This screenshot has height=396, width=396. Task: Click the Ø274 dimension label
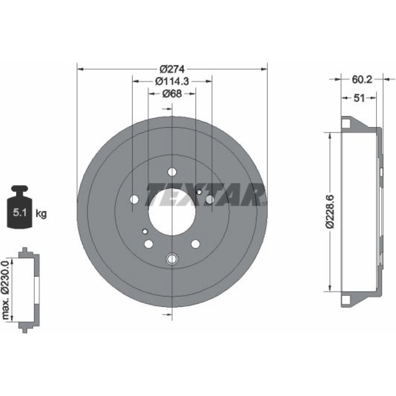(x=173, y=69)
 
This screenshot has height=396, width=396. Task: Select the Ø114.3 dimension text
(x=172, y=81)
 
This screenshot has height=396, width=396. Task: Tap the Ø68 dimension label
(x=172, y=94)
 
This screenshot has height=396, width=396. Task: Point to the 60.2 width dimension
(x=362, y=80)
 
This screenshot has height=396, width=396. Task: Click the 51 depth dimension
(x=359, y=98)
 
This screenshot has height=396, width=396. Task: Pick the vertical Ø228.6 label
(x=330, y=211)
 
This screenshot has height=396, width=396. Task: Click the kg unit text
(x=41, y=214)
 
